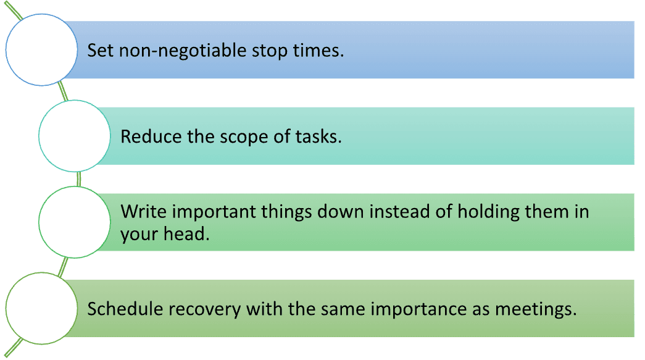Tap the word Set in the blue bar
tap(101, 50)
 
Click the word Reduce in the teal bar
tap(151, 136)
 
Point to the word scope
tap(244, 138)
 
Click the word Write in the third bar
tap(144, 211)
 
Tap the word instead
tap(399, 211)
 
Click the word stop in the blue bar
tap(270, 51)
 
